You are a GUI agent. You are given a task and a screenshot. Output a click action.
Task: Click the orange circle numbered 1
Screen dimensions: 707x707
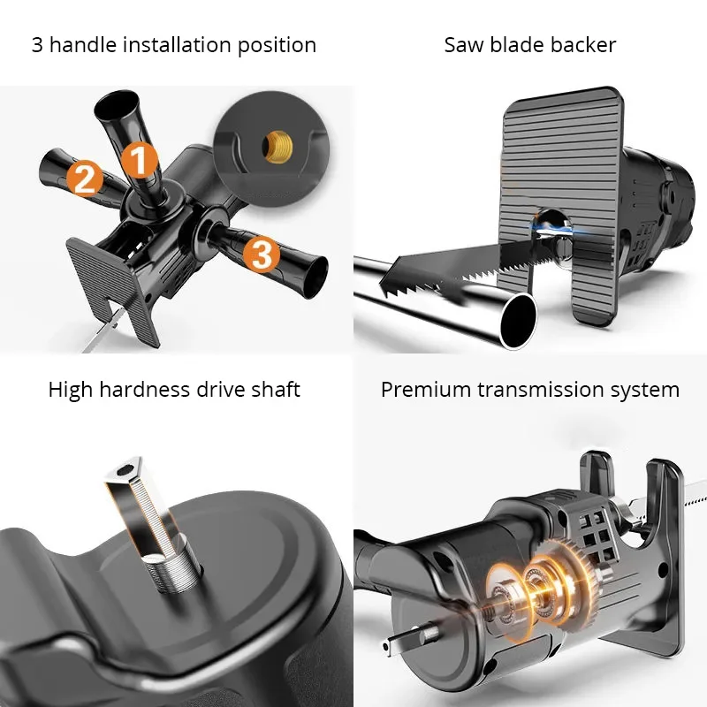click(140, 159)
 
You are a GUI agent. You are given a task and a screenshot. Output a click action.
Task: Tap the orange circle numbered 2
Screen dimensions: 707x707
click(85, 179)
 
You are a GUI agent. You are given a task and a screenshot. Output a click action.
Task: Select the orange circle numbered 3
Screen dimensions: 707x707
click(262, 255)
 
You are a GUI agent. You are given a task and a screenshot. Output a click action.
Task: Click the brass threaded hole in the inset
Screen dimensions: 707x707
click(278, 147)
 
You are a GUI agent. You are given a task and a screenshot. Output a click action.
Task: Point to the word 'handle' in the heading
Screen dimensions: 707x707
click(83, 45)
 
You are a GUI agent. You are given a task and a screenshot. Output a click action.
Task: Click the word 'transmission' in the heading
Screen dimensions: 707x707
click(540, 390)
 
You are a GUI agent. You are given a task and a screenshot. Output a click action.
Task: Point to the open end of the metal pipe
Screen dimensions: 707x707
click(520, 320)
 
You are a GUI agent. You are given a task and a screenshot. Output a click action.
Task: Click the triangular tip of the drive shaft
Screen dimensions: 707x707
click(123, 471)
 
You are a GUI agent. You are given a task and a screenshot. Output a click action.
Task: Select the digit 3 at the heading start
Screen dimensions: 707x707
click(37, 45)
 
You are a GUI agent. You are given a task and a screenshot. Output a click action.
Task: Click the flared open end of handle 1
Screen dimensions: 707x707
click(117, 103)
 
